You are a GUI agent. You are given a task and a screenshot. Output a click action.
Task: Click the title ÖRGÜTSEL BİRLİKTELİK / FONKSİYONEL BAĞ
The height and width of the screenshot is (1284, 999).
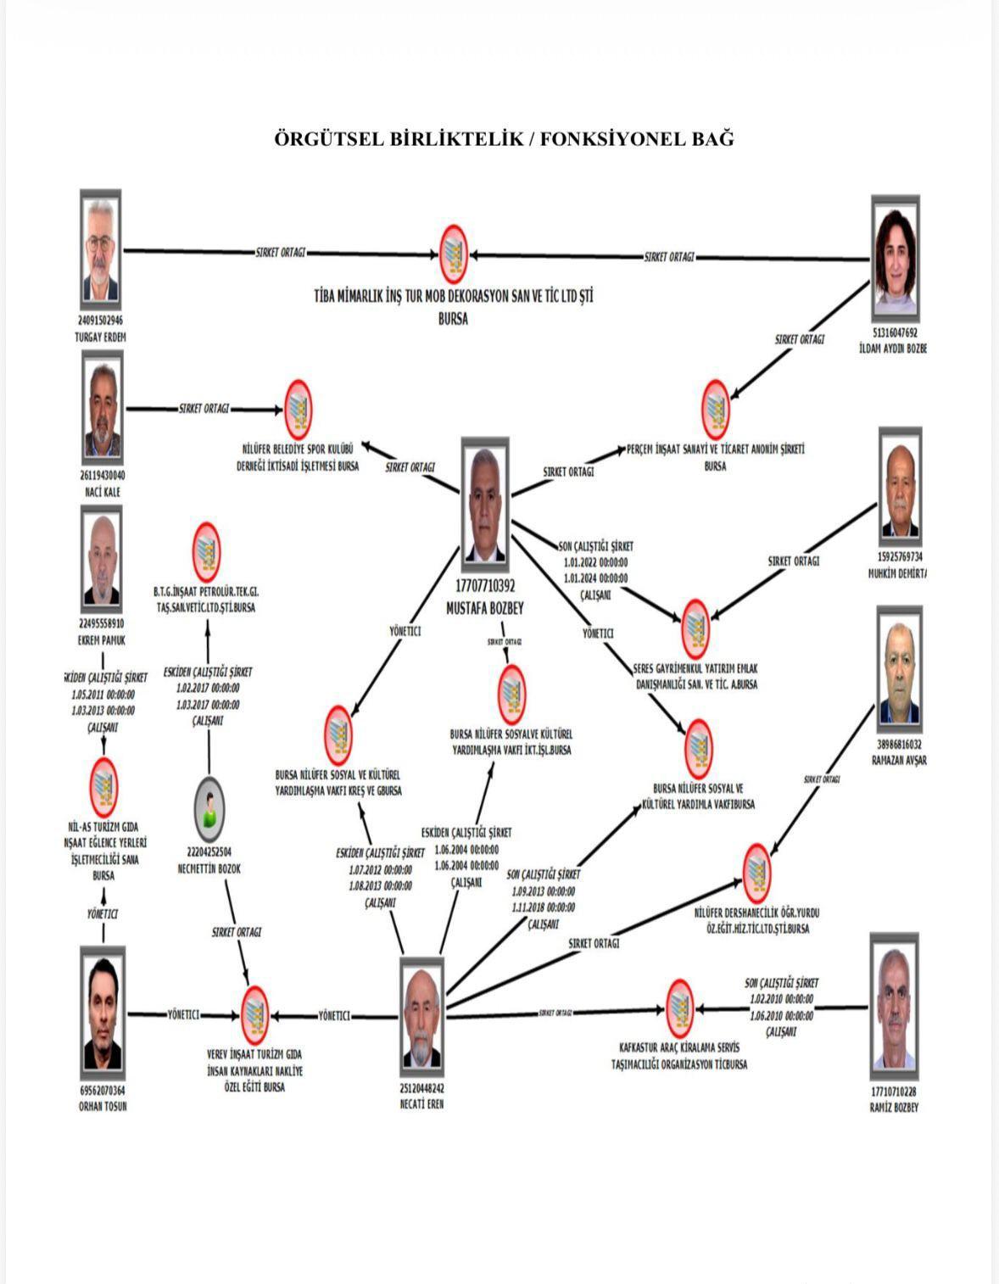click(x=504, y=138)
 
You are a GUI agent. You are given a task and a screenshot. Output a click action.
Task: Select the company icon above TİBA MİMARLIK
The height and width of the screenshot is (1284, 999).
click(x=454, y=254)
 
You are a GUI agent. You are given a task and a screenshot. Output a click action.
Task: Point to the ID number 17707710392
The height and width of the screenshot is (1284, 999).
click(x=485, y=585)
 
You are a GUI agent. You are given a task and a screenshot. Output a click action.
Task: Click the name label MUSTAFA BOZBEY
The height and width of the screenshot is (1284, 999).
click(x=485, y=608)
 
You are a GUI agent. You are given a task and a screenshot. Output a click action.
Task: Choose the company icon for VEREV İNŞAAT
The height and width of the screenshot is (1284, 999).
click(x=254, y=1014)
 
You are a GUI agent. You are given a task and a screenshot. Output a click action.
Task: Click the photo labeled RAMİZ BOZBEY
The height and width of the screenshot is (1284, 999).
click(x=894, y=1009)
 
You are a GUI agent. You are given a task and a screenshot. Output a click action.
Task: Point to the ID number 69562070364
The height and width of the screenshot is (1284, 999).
click(x=102, y=1091)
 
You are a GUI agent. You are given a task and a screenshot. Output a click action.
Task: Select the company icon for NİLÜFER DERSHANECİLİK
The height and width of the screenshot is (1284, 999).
click(x=756, y=873)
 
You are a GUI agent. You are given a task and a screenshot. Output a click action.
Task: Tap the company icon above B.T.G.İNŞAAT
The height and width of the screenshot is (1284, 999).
click(x=205, y=551)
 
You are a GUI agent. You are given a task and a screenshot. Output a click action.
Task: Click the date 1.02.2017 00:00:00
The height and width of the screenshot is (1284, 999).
click(x=208, y=688)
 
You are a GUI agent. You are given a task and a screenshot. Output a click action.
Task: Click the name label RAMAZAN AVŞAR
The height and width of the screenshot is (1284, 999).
click(x=899, y=760)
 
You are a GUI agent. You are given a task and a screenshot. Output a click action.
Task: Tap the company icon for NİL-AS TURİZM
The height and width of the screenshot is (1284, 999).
click(x=103, y=786)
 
